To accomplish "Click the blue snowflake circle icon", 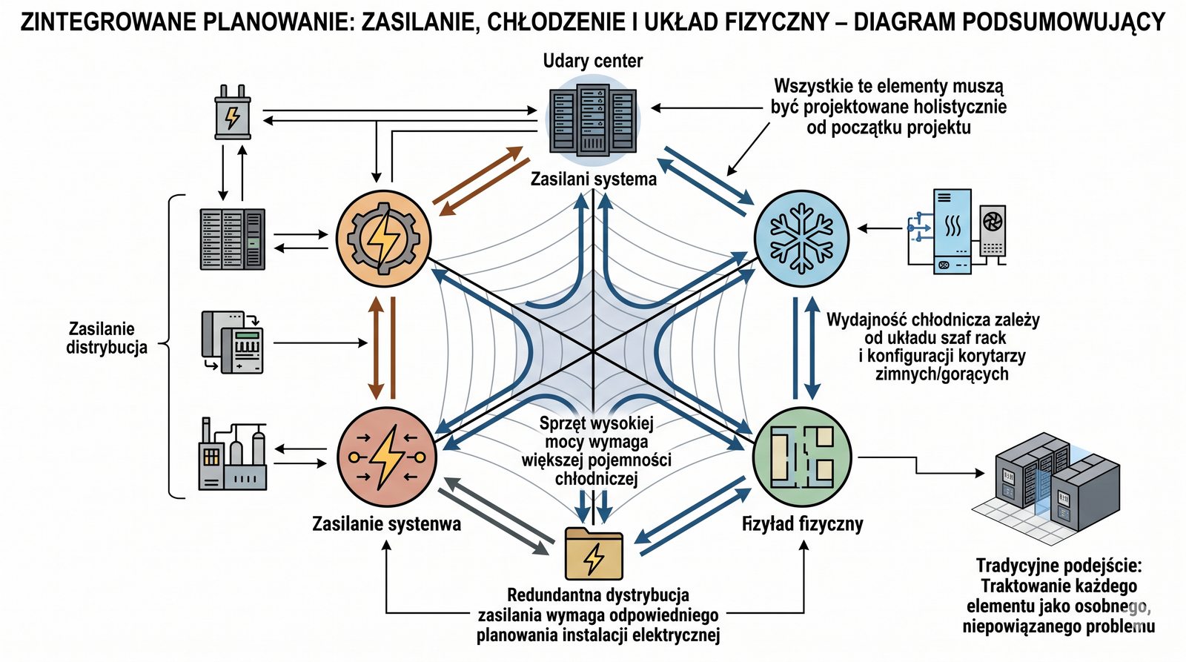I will [x=801, y=238].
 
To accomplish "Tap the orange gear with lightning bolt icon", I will [x=383, y=239].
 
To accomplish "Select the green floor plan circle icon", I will [x=802, y=457].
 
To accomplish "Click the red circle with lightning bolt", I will [x=387, y=457].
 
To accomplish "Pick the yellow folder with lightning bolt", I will [x=593, y=553].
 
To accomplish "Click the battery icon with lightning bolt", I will [x=233, y=113].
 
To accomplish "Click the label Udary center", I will [x=592, y=61].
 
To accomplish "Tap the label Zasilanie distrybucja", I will [x=107, y=338].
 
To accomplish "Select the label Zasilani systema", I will [x=593, y=179].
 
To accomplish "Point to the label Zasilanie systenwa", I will [x=386, y=524].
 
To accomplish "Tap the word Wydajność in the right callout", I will [x=865, y=320].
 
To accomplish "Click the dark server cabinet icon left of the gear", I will [x=232, y=239].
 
